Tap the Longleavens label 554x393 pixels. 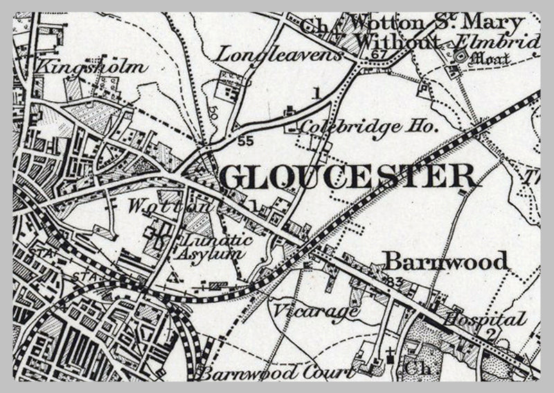(280, 53)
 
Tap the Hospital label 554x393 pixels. (484, 320)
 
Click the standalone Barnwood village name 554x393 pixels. (447, 261)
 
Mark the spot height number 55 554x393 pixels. (244, 140)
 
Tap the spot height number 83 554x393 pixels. (396, 281)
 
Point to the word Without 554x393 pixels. (397, 42)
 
